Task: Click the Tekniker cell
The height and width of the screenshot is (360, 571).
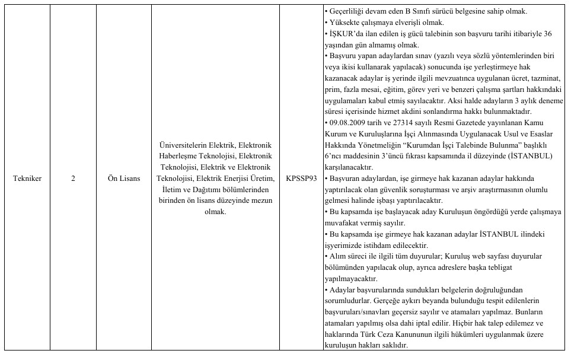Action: point(27,179)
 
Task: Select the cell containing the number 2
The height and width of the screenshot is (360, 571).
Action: point(73,179)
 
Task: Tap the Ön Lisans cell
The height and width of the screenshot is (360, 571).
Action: point(124,179)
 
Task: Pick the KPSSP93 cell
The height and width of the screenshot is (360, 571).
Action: point(301,179)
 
